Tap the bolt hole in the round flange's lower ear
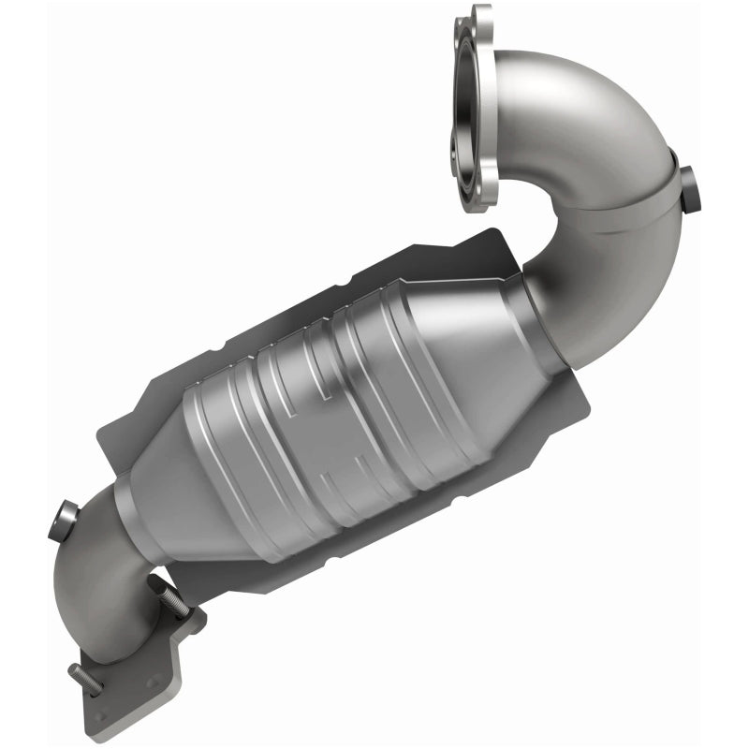click(x=485, y=192)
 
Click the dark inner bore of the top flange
click(x=472, y=103)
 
